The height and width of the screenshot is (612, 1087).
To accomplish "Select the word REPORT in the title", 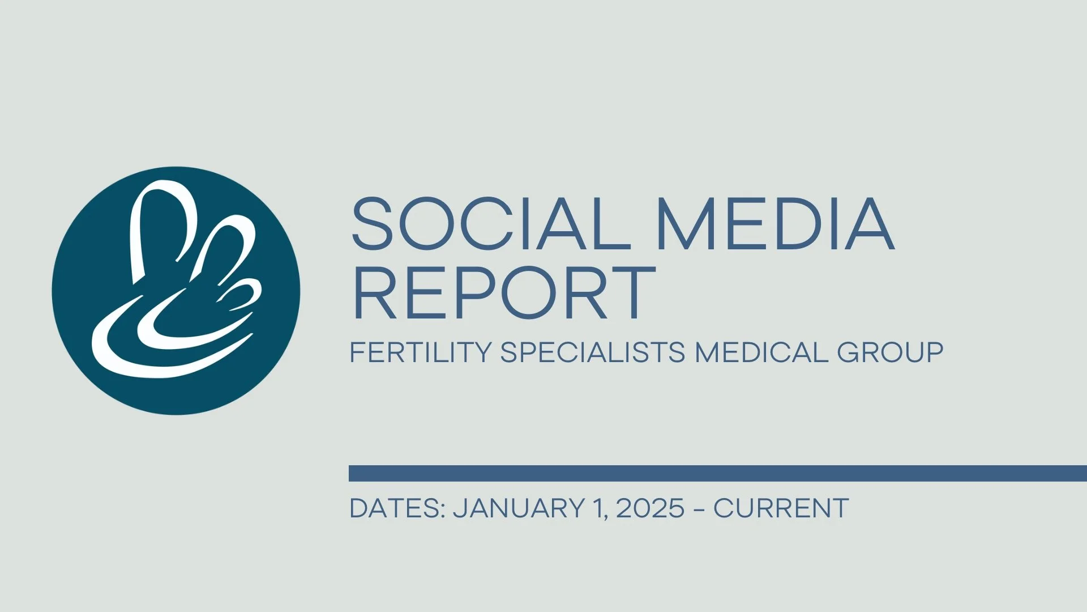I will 503,293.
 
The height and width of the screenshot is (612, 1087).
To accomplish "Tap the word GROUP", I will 890,352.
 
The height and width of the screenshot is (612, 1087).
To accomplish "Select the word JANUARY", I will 519,508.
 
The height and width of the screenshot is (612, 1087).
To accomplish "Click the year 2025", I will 650,508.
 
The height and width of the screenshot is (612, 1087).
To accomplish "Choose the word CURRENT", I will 781,508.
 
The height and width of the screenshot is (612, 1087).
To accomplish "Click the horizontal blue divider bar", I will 717,473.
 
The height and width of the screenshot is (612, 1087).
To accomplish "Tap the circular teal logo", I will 176,291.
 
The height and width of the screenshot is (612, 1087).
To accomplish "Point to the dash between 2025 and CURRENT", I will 699,509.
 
